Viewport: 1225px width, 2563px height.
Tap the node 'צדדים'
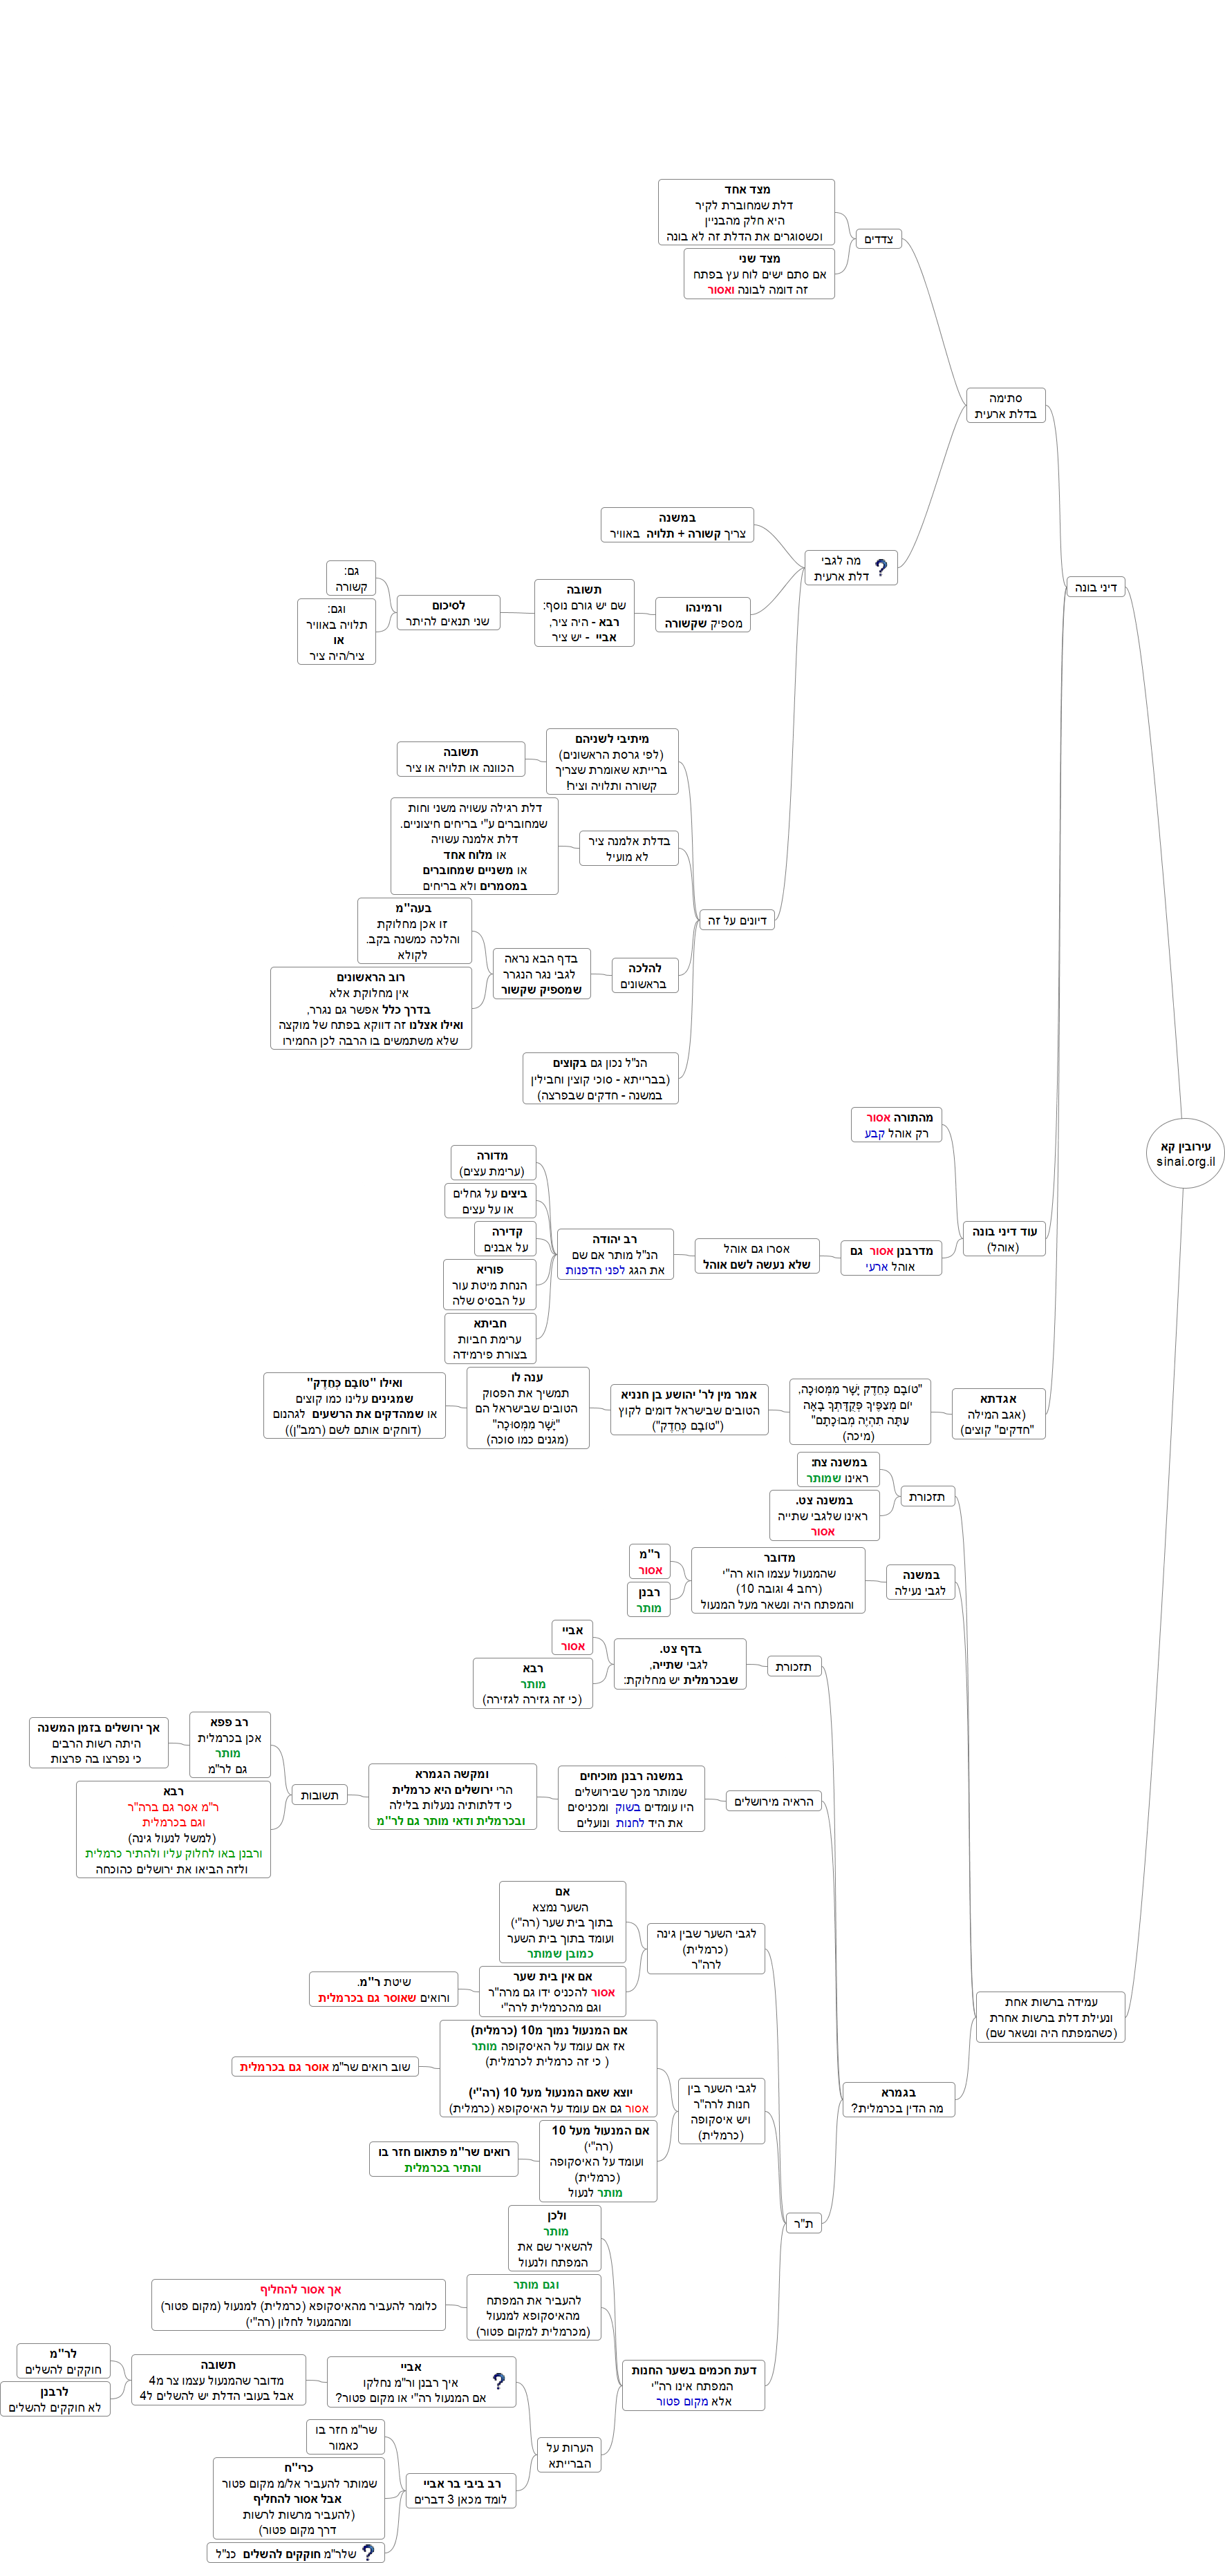(x=879, y=239)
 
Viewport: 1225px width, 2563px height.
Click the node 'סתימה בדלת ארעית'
(x=1005, y=405)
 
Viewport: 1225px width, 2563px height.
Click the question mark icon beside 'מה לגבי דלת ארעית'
(x=881, y=567)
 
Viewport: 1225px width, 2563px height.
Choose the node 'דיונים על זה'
(x=736, y=920)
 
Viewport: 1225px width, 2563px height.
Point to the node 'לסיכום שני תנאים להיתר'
(x=448, y=613)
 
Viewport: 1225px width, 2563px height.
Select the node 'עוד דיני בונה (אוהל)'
(x=1003, y=1239)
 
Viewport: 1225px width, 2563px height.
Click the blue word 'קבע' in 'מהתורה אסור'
(x=874, y=1133)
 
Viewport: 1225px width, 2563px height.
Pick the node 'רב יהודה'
(x=615, y=1254)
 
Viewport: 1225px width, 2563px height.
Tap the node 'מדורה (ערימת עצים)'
(x=493, y=1162)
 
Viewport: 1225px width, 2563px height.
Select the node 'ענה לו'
(x=527, y=1408)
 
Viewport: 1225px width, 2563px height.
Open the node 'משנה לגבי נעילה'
(x=921, y=1582)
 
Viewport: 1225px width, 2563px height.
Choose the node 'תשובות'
(x=319, y=1795)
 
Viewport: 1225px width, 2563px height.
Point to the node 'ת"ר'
(x=803, y=2223)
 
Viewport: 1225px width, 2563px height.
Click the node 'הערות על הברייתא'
(x=569, y=2455)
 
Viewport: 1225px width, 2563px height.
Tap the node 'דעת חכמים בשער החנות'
(x=693, y=2385)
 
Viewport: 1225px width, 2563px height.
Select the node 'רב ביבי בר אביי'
(x=460, y=2490)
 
